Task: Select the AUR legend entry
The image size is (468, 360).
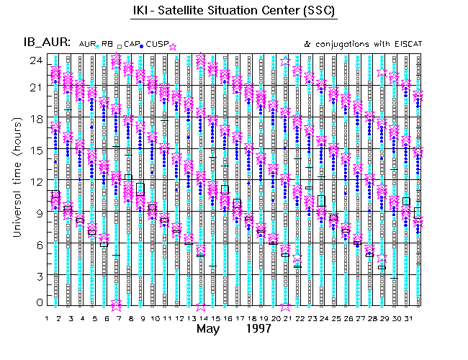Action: [x=85, y=44]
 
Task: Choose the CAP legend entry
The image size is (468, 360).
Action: [x=131, y=44]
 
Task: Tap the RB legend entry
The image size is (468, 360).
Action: [x=107, y=44]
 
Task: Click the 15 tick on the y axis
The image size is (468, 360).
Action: [x=36, y=149]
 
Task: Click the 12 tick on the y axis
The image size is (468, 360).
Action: [x=36, y=180]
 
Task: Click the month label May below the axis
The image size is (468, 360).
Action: [x=209, y=329]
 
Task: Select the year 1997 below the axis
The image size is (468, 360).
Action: [x=258, y=329]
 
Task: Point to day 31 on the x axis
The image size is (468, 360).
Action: [x=408, y=317]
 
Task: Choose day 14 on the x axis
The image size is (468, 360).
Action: [x=201, y=317]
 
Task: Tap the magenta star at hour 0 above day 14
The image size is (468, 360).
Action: [x=201, y=305]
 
